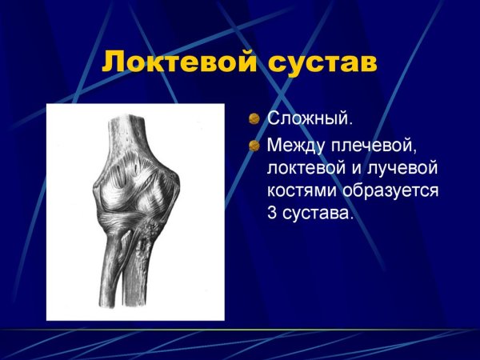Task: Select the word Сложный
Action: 310,120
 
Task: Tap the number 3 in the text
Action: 272,215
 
